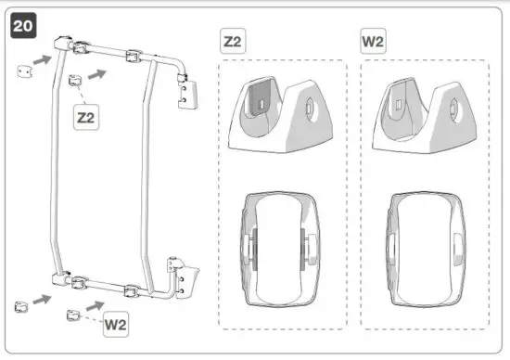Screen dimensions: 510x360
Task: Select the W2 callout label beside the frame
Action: point(116,325)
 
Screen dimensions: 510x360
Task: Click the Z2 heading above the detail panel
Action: point(234,43)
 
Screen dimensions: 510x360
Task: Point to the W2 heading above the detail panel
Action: point(374,43)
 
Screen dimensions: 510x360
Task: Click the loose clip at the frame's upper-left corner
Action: point(20,71)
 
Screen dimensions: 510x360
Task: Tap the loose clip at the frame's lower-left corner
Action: point(19,305)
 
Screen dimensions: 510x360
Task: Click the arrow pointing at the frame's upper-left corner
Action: point(41,60)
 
